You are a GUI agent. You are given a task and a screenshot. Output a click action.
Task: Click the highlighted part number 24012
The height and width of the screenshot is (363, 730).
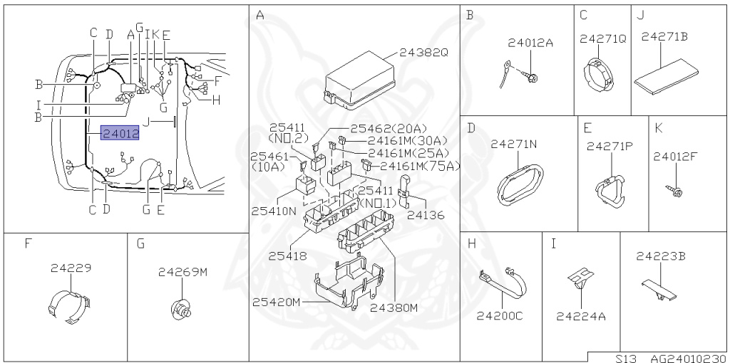(120, 134)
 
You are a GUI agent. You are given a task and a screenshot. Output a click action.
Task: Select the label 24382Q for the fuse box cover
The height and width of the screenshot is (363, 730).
(423, 53)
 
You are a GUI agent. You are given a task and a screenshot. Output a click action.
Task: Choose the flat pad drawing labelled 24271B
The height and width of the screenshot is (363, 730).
(666, 75)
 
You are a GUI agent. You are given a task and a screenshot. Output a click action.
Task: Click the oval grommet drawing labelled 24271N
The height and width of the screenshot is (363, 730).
(520, 186)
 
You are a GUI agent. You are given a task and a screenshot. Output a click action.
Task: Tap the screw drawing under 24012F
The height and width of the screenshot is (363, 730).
(673, 190)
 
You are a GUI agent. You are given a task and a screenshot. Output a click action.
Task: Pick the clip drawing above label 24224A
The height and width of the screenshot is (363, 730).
(580, 280)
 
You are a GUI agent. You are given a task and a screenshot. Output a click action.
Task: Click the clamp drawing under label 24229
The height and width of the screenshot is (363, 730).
(70, 307)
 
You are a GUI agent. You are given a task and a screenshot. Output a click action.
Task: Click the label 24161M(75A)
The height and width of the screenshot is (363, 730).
(419, 166)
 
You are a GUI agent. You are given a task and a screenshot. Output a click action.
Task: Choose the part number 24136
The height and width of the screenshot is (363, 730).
(426, 215)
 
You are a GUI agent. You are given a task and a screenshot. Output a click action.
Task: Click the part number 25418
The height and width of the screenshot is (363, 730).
(287, 256)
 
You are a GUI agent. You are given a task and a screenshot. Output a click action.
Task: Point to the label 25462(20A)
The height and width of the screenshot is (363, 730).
(389, 128)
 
